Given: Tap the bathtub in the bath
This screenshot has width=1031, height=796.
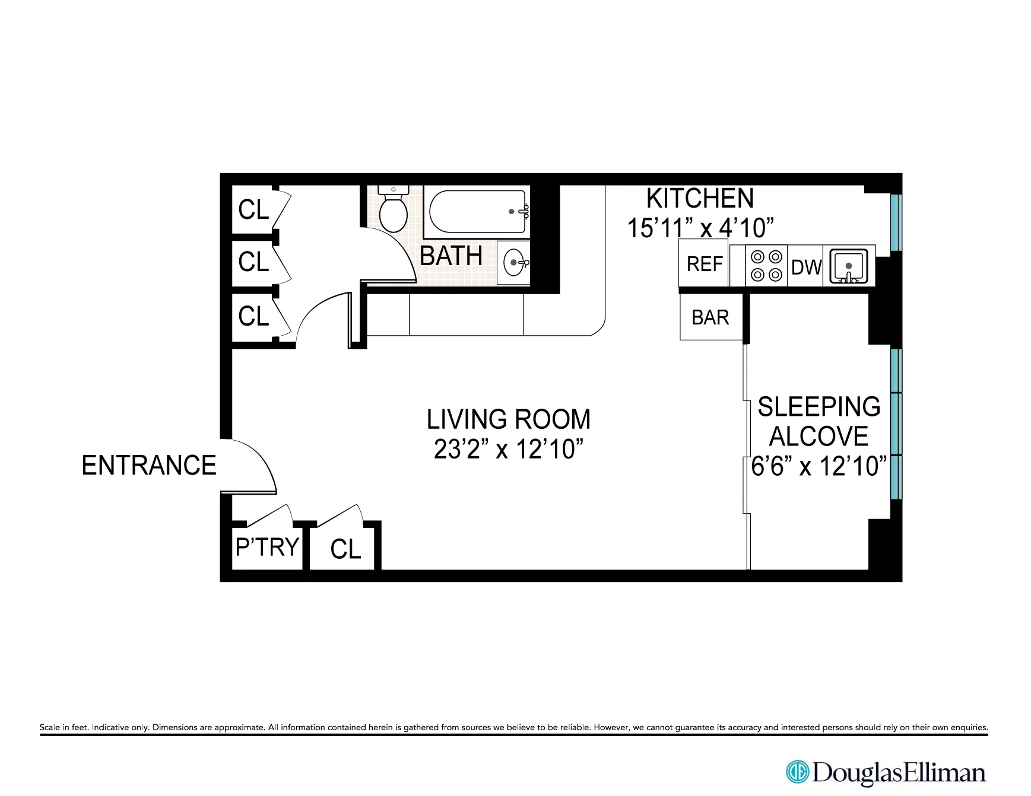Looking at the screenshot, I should (477, 212).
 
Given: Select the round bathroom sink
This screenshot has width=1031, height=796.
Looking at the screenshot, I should (514, 262).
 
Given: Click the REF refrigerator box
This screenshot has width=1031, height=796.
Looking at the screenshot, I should (704, 264).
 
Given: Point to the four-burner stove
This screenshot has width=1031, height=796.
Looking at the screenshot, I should (766, 266).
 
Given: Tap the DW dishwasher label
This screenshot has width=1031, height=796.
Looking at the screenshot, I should (806, 268).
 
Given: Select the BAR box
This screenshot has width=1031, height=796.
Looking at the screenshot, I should (710, 317).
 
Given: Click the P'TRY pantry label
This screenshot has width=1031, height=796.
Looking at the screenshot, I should (267, 547).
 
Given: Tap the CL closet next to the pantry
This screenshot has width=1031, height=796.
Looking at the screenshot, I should (345, 549).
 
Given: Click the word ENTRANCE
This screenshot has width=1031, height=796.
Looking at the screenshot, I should (149, 466).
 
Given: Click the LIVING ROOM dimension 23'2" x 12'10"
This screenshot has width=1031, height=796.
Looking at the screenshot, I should (508, 450).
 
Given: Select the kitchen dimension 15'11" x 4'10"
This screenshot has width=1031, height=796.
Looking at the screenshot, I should (700, 228).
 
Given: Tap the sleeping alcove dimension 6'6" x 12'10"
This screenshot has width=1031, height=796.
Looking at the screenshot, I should (819, 467).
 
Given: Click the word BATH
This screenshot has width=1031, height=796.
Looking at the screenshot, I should (451, 256).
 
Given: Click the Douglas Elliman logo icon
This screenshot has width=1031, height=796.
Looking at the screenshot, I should (797, 772).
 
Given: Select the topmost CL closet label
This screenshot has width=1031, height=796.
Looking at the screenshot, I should (253, 210).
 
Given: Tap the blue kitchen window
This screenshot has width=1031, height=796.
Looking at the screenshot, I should (896, 222).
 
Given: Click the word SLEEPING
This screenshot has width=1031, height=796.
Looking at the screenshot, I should (819, 407).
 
